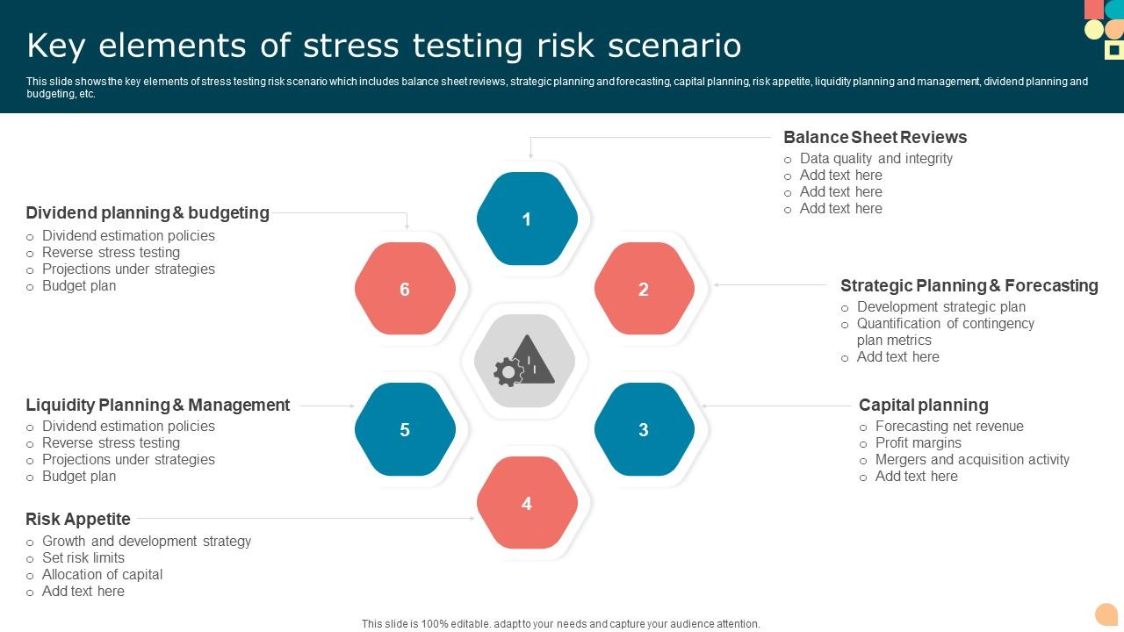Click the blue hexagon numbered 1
coord(527,219)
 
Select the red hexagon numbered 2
coord(644,289)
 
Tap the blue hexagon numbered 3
coord(644,429)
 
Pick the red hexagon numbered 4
coord(527,503)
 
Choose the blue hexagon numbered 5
coord(405,429)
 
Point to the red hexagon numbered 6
coord(405,289)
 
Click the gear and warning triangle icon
coord(525,361)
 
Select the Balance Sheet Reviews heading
coord(875,137)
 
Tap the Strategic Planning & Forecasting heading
coord(969,285)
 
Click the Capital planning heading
coord(923,405)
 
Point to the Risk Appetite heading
coord(78,519)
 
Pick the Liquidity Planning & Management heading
coord(157,405)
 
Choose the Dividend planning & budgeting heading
coord(148,212)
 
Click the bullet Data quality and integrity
coord(875,159)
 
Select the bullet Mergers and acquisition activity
coord(972,460)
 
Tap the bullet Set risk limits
coord(83,558)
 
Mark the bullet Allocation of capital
coord(102,575)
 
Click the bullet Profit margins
coord(918,443)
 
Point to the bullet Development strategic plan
coord(940,307)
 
